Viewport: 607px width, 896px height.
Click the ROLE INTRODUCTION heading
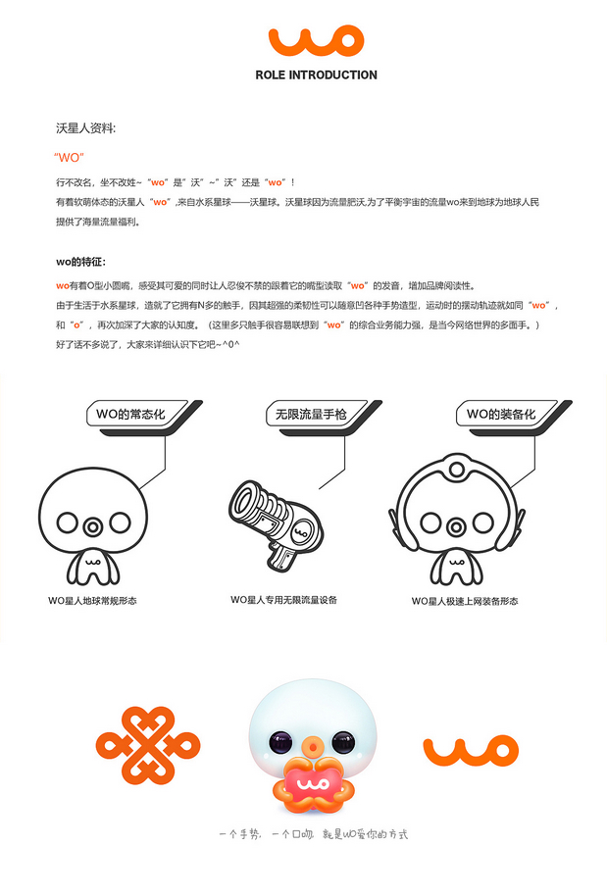pyautogui.click(x=316, y=75)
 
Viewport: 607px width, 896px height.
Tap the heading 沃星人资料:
pyautogui.click(x=86, y=128)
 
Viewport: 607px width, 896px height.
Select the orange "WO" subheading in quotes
pyautogui.click(x=70, y=157)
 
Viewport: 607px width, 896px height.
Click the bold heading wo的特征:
pyautogui.click(x=80, y=262)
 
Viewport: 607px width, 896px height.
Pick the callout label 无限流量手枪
pyautogui.click(x=306, y=415)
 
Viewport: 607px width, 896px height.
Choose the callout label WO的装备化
pyautogui.click(x=500, y=415)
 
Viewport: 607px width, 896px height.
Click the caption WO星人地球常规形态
pyautogui.click(x=92, y=600)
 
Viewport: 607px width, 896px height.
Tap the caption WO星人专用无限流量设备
pyautogui.click(x=284, y=599)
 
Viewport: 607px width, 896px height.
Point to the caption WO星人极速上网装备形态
pyautogui.click(x=465, y=600)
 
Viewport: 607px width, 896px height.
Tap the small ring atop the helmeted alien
pyautogui.click(x=454, y=473)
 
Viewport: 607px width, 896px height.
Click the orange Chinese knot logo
pyautogui.click(x=140, y=751)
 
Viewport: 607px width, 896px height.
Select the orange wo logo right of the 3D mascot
pyautogui.click(x=470, y=750)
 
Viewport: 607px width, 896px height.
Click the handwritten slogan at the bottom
pyautogui.click(x=313, y=834)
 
